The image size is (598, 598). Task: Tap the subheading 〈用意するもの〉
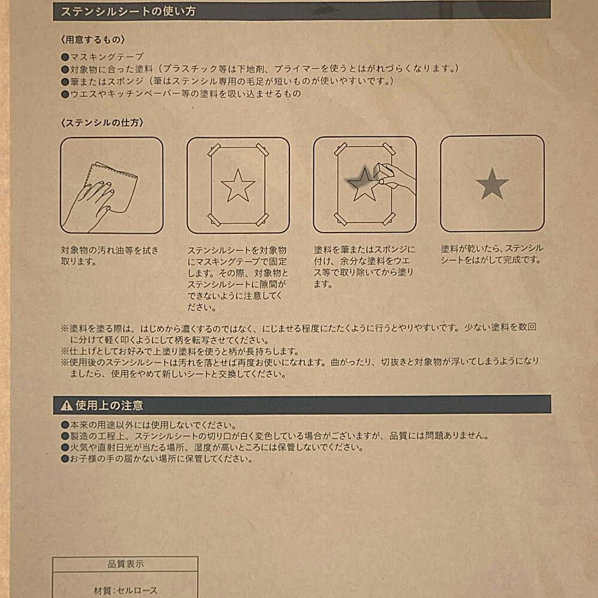(x=92, y=40)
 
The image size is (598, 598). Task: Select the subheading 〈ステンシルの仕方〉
(x=102, y=123)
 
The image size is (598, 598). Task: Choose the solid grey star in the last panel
(x=492, y=184)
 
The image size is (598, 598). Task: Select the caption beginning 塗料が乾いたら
(x=492, y=254)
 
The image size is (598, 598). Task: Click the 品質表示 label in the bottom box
(x=125, y=563)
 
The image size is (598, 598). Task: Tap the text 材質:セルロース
(x=126, y=590)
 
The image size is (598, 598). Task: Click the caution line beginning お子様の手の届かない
(x=156, y=459)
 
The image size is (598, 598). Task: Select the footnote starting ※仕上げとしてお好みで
(x=179, y=351)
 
